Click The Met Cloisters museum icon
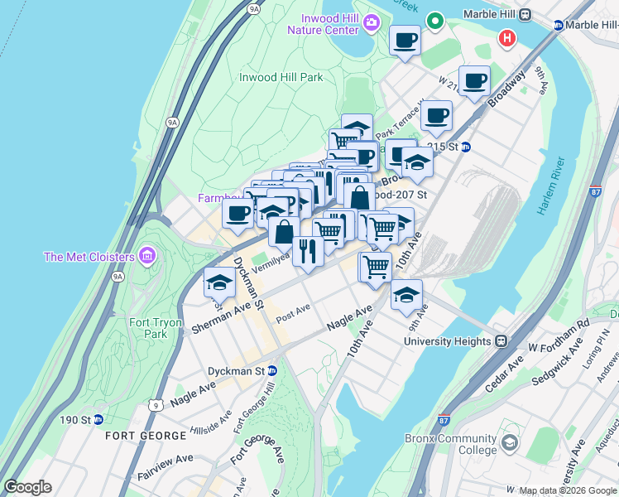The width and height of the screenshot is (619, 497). [148, 253]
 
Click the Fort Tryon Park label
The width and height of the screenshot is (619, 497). [148, 328]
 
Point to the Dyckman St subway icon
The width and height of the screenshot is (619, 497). [271, 370]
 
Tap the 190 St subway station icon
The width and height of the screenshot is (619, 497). [98, 419]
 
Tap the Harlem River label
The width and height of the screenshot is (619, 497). [549, 186]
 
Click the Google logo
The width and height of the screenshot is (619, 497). [27, 487]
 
